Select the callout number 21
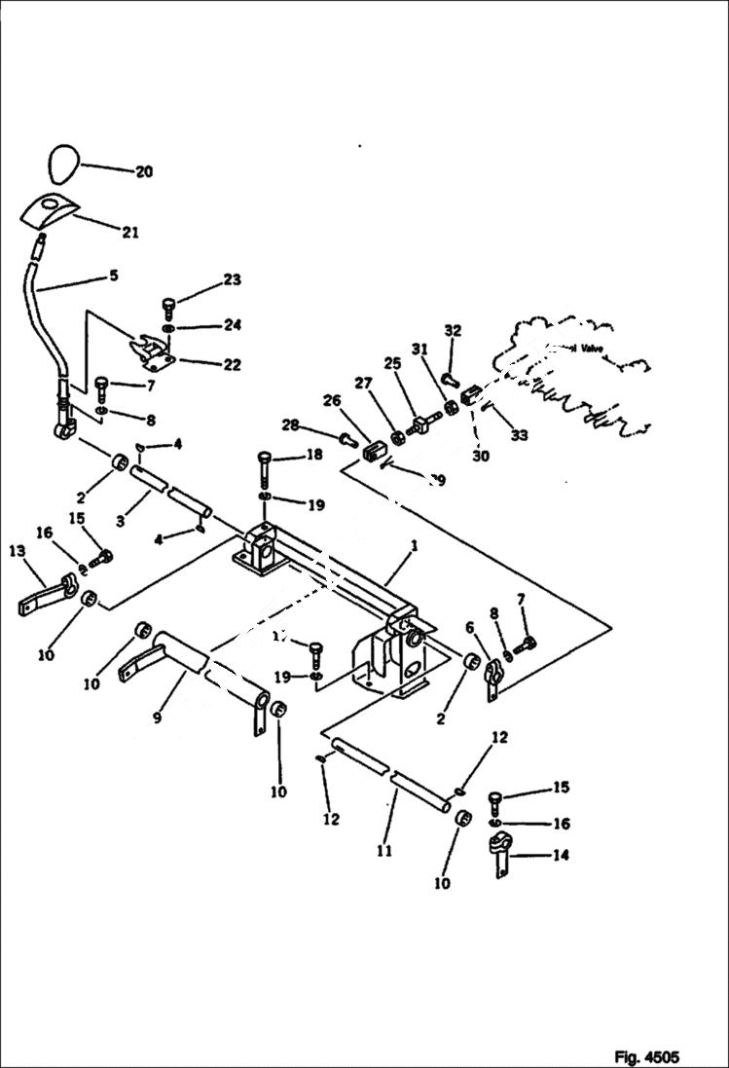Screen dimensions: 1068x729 coord(129,232)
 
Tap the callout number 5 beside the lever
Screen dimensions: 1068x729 coord(114,276)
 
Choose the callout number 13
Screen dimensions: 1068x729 coord(18,551)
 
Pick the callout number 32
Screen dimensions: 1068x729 coord(452,330)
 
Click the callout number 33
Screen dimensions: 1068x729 coord(519,436)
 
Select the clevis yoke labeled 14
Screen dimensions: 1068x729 coord(499,858)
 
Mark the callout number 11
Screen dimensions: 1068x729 coord(383,850)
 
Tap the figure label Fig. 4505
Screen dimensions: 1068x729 coord(645,1056)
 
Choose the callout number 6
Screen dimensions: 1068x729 coord(469,627)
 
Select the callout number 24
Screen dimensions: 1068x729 coord(232,324)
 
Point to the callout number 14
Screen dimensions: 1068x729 coord(562,856)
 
